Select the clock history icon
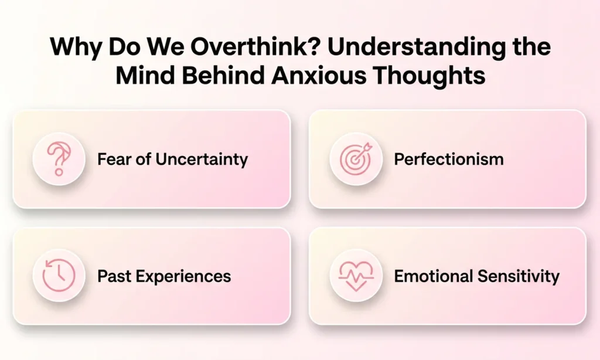tap(59, 276)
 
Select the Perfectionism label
tap(448, 159)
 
